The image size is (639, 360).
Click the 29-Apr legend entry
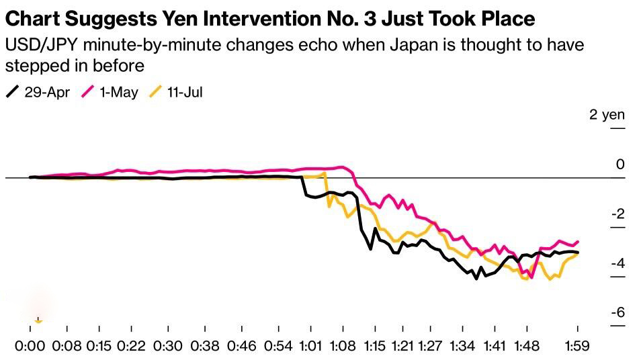pos(38,92)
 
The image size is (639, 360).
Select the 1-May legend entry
pos(110,92)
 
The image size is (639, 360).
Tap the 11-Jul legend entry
pos(175,92)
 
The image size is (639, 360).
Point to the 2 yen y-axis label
pos(607,115)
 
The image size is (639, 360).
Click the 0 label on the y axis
pos(620,164)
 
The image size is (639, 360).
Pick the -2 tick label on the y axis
pos(618,214)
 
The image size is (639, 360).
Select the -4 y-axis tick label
pos(618,263)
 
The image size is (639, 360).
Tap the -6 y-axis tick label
pos(618,312)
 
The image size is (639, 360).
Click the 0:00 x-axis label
pos(30,346)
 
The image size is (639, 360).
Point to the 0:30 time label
pos(168,346)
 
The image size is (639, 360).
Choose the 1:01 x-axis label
pos(310,346)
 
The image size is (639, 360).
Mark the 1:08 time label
pos(343,346)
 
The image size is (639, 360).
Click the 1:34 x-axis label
pos(462,346)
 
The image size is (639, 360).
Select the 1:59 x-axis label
pos(577,346)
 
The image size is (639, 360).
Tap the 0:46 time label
pos(242,346)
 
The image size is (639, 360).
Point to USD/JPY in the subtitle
pos(41,45)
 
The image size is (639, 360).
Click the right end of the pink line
pos(578,242)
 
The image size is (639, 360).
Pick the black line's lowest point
pos(476,279)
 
